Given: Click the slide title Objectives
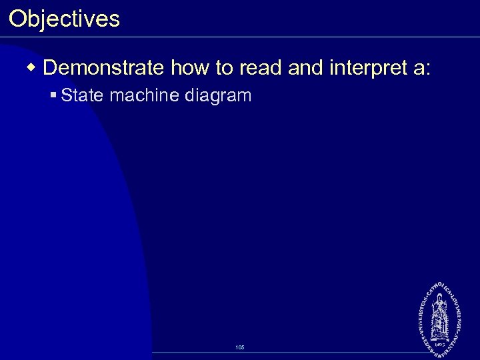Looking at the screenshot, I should pos(64,19).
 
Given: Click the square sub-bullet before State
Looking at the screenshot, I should pos(53,96).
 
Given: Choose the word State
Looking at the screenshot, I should pos(83,96).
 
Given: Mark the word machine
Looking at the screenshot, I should pos(144,96).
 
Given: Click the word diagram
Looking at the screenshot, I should pos(218,96).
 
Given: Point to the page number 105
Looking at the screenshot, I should pos(240,347).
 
